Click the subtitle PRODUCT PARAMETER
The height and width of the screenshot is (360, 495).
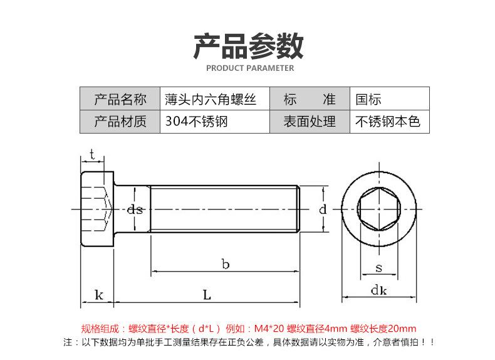click(x=247, y=68)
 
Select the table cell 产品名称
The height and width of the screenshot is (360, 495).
click(x=120, y=99)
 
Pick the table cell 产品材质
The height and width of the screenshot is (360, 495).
click(x=120, y=121)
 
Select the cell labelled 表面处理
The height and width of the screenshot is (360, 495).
click(x=310, y=121)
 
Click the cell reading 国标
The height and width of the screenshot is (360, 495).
click(x=368, y=99)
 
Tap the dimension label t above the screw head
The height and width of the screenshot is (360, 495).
click(x=92, y=154)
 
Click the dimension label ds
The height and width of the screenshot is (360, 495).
click(x=135, y=210)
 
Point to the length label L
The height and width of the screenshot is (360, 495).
click(x=206, y=294)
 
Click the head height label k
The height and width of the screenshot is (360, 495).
click(x=98, y=294)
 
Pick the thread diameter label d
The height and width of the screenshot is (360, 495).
click(x=323, y=210)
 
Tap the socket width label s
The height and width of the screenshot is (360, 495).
click(x=378, y=268)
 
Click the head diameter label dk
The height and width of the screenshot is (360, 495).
click(x=378, y=290)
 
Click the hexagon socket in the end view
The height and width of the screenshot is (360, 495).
click(x=378, y=209)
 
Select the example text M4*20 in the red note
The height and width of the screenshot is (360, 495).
click(x=269, y=328)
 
